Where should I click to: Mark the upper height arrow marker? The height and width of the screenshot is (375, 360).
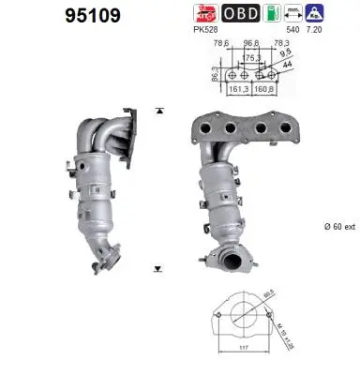159,110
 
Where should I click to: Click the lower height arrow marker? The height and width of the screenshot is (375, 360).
159,269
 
